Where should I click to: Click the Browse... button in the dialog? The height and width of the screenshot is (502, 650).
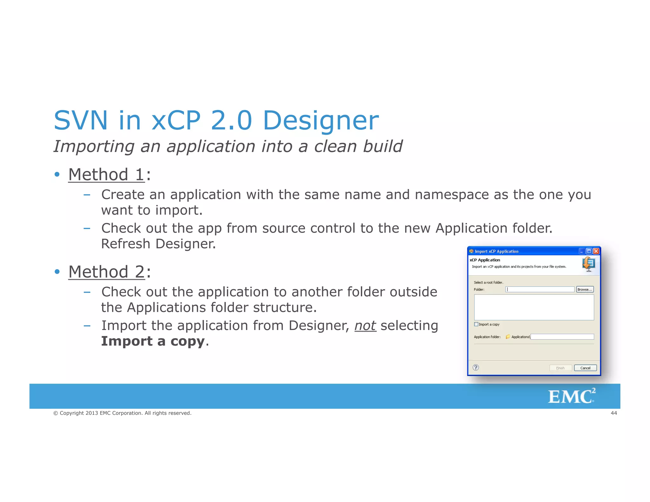pos(585,289)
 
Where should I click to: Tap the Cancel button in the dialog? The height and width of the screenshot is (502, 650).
pos(585,368)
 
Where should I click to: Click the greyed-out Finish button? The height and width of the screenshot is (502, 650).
pos(560,368)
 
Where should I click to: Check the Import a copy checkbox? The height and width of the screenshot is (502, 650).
pos(476,324)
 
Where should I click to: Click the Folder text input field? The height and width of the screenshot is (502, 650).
pos(540,289)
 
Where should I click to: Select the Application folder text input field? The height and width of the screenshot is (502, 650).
pos(562,337)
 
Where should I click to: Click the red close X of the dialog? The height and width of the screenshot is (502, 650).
pos(596,251)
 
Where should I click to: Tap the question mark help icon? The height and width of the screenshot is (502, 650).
pos(476,367)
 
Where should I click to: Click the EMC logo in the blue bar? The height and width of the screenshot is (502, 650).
pos(572,396)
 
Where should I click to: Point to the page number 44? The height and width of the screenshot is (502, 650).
pos(614,413)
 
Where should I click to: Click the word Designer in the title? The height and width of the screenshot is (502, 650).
pos(321,121)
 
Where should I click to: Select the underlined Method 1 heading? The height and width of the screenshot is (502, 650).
pos(107,175)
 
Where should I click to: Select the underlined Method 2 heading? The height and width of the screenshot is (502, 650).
pos(107,272)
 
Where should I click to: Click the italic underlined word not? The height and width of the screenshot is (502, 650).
pos(365,326)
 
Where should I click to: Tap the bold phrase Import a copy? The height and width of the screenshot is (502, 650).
pos(153,341)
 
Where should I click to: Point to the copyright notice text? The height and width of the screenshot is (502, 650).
pos(123,413)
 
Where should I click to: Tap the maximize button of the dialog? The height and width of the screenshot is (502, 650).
pos(589,251)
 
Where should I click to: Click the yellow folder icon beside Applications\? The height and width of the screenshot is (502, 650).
pos(508,337)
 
